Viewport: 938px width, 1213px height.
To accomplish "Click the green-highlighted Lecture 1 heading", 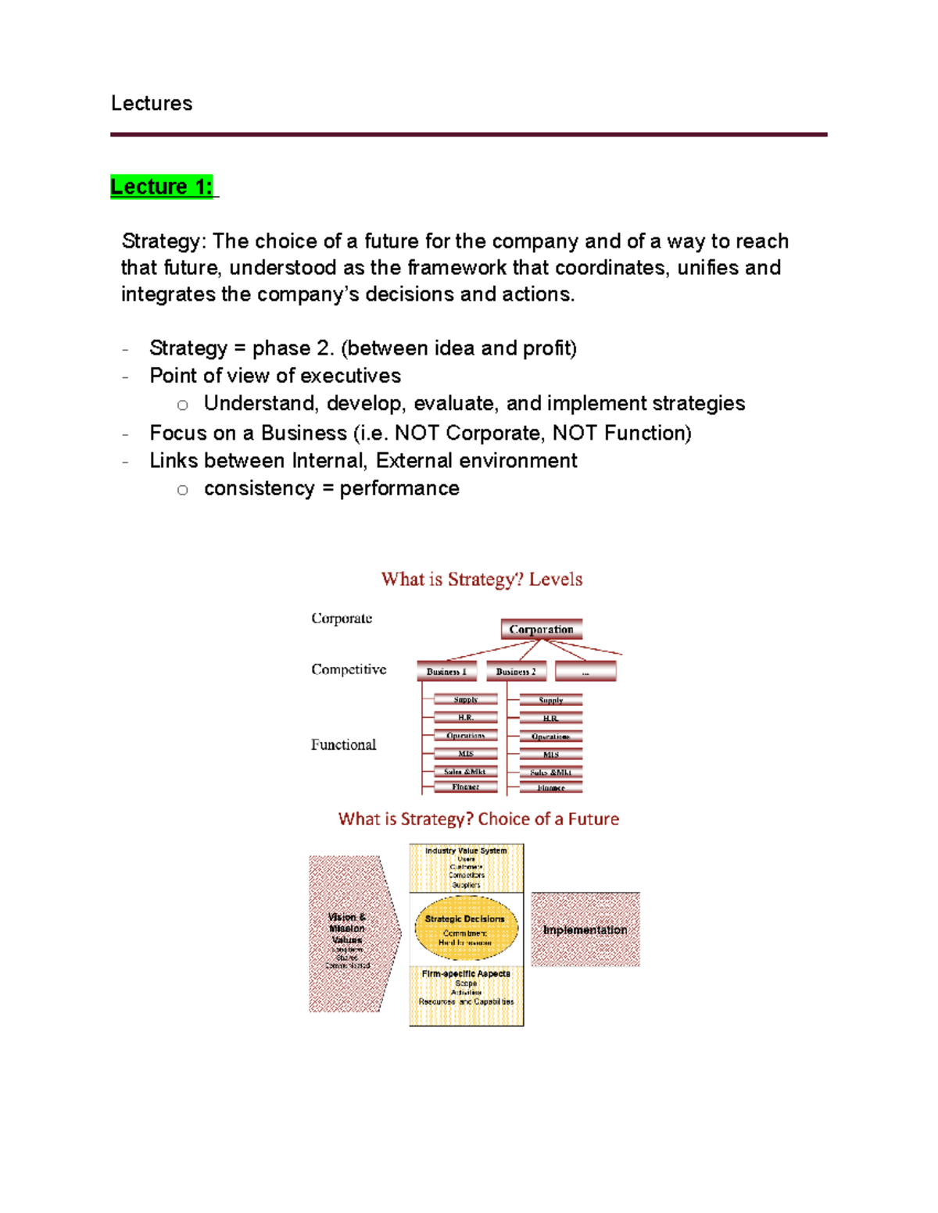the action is [161, 187].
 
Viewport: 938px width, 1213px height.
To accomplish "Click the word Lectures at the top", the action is [152, 103].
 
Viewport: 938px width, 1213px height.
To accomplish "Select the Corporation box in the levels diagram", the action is [541, 629].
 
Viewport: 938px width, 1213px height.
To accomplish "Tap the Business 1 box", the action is [446, 671].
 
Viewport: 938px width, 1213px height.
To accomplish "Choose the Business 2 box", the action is [516, 671].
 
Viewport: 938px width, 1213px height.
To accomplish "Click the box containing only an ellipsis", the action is [585, 671].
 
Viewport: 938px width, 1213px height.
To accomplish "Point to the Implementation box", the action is [585, 929].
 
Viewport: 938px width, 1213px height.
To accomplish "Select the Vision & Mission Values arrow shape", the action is [349, 933].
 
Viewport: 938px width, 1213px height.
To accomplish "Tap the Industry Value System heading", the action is [466, 851].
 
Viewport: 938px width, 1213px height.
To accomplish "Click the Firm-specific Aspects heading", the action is [466, 974].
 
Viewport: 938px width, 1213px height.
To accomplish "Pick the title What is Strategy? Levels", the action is [482, 579].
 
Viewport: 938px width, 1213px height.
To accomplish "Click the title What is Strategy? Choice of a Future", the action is [478, 819].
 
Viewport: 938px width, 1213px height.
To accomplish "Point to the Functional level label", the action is [343, 744].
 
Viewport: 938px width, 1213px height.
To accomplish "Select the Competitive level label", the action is [349, 669].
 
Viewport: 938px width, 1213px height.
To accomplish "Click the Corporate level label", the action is [342, 618].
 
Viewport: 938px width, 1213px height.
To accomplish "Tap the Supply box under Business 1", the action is [466, 700].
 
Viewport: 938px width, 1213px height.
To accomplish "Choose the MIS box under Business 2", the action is [551, 755].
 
